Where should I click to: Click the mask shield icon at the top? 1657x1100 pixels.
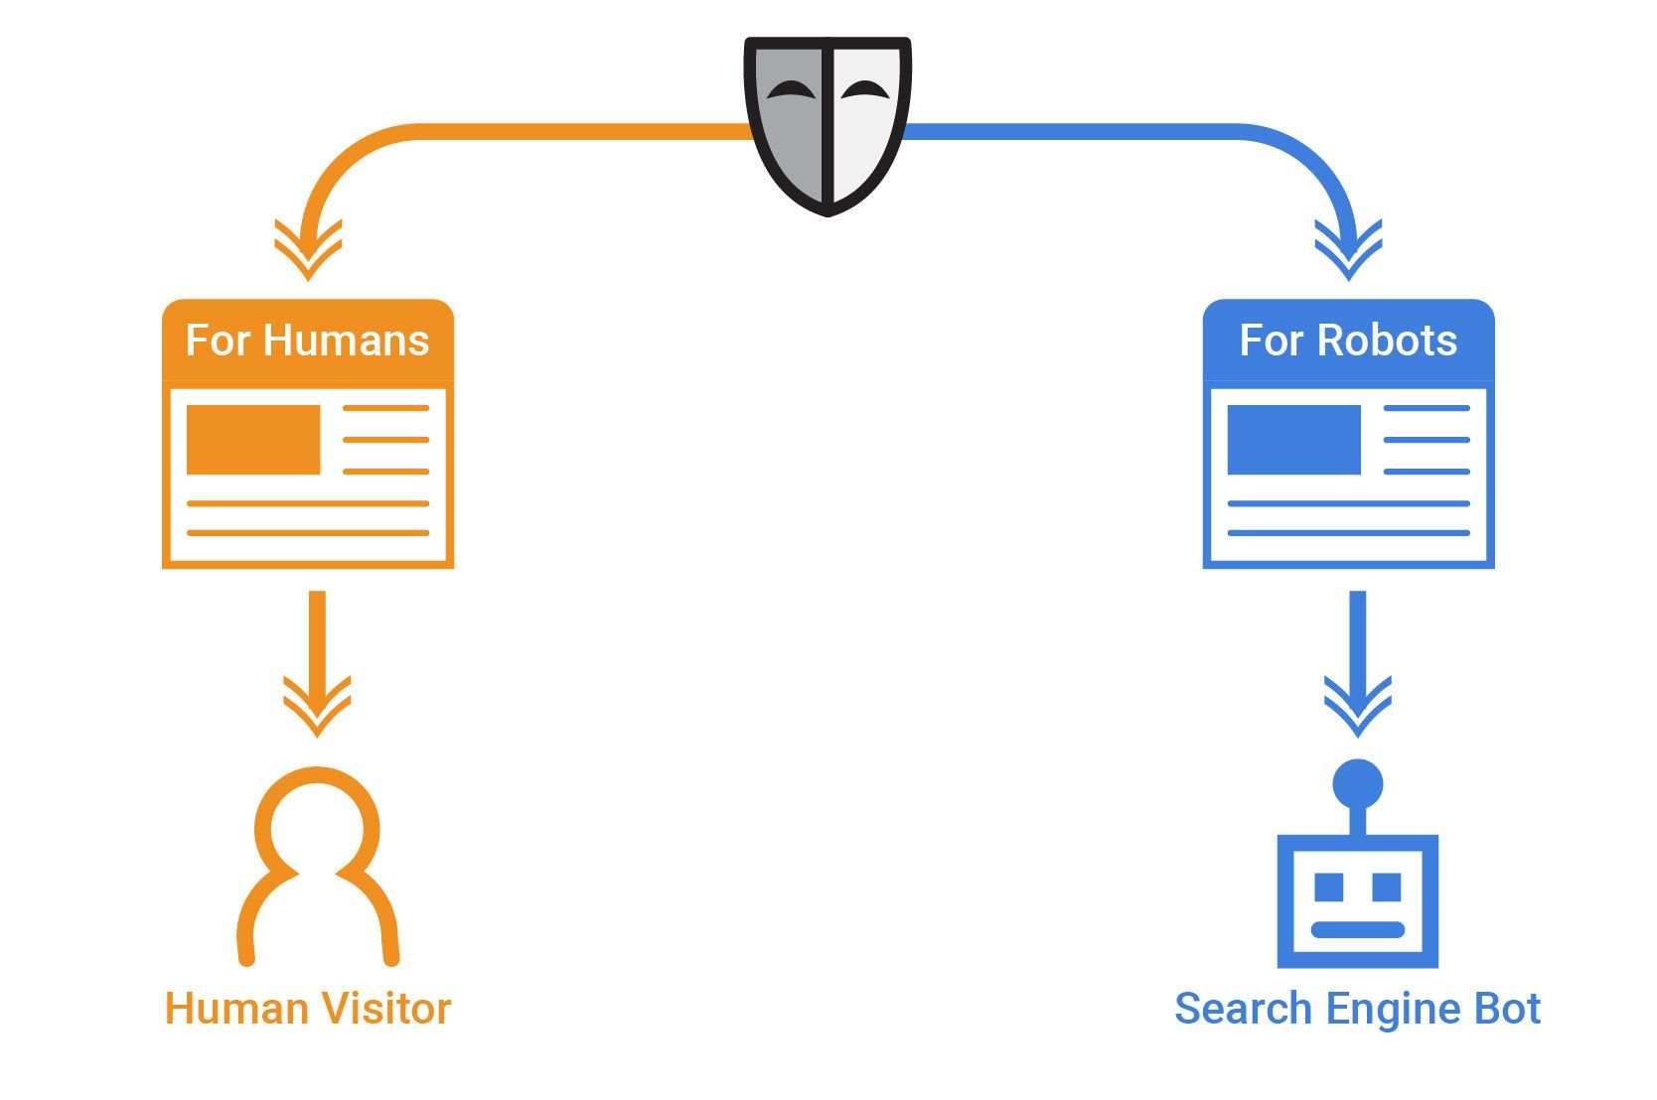(827, 124)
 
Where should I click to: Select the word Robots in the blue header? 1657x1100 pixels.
(1387, 341)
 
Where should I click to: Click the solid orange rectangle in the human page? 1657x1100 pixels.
(253, 439)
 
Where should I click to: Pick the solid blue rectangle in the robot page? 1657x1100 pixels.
(1293, 439)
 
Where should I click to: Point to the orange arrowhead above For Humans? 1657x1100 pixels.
(308, 250)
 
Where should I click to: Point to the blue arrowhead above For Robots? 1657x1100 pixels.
(1348, 250)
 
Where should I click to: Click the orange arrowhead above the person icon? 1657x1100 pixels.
(317, 707)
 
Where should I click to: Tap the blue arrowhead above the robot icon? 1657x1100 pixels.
(1357, 707)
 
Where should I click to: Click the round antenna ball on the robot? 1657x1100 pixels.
(1357, 783)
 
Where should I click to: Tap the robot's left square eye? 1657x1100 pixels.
(1328, 887)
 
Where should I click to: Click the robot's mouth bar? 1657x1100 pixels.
(1357, 930)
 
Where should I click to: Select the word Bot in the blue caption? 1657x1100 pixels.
(1507, 1009)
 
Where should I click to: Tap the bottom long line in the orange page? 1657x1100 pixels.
(308, 533)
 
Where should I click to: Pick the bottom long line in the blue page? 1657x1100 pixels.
(1348, 533)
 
